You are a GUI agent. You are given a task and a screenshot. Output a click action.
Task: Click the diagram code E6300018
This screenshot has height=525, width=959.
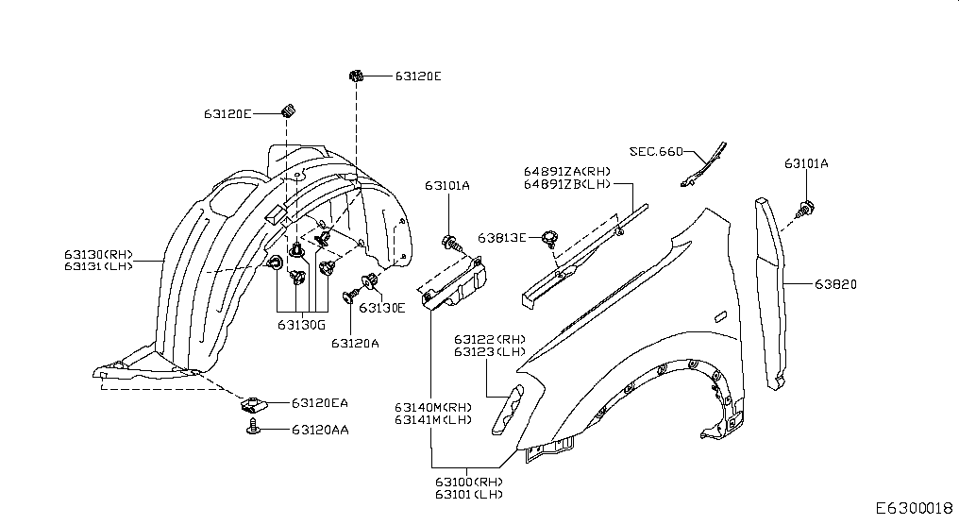point(915,508)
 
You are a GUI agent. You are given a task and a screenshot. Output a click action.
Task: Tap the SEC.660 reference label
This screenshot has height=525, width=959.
point(656,151)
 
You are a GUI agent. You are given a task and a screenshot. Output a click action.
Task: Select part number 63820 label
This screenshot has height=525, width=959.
point(835,284)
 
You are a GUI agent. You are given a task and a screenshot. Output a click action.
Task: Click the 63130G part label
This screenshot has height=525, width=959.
point(301,324)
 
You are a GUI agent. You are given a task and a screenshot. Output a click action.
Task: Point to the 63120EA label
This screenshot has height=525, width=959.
point(320,402)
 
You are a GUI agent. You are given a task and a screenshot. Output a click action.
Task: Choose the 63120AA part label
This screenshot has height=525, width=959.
point(320,430)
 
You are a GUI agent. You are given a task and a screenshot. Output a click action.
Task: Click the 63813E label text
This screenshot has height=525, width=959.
point(501,237)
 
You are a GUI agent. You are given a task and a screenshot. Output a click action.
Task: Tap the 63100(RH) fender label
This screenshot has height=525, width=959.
point(469,482)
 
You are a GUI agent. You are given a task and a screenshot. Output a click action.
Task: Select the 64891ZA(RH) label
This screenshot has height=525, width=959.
point(567,171)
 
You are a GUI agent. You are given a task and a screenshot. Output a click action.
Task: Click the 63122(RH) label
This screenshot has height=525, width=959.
point(489,339)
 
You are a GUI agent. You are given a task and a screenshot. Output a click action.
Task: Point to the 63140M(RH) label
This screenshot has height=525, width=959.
point(433,407)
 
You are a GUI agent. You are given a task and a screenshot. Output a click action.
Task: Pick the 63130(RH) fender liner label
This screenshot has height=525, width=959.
point(98,254)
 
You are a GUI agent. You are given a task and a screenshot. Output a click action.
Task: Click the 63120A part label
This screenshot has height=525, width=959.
point(355,344)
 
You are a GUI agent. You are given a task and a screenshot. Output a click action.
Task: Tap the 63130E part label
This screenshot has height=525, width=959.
point(382,308)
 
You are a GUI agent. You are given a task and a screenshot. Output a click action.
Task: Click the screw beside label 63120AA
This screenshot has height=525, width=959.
point(253,427)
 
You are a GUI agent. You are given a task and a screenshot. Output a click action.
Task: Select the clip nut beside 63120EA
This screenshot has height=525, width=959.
point(252,403)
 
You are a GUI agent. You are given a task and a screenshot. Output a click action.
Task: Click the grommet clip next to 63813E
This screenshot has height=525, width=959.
point(549,237)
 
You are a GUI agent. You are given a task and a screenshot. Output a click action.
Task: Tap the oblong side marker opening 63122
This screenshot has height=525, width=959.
point(508,410)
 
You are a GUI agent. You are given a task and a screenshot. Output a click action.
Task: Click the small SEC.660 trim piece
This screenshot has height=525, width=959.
point(703,164)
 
